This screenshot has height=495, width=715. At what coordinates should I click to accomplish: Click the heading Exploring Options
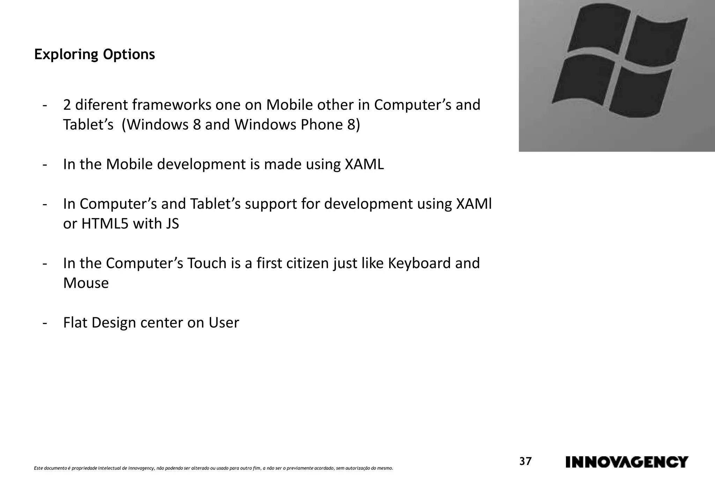(x=94, y=54)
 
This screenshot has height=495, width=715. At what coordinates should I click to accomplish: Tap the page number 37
(x=525, y=461)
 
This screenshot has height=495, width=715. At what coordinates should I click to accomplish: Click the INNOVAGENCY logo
(x=627, y=462)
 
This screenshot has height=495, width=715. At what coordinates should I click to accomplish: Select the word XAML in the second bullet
(x=364, y=164)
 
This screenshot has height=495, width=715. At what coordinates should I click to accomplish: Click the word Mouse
(x=86, y=283)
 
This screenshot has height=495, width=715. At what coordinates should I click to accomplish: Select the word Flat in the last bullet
(x=75, y=323)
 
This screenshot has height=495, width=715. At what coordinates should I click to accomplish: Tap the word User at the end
(x=224, y=323)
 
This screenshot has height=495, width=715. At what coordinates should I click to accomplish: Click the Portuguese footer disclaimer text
(x=213, y=468)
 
